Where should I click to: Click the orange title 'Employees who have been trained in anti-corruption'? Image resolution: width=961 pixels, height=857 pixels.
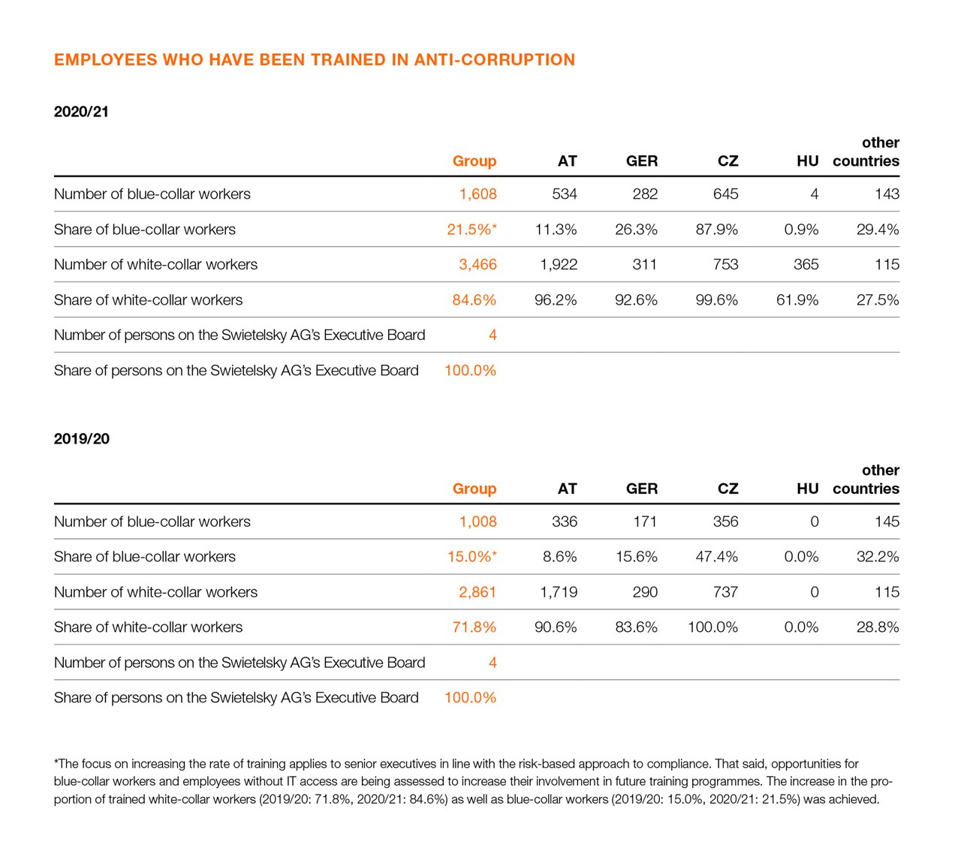(x=314, y=60)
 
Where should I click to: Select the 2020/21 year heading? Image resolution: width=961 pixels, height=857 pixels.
(x=81, y=112)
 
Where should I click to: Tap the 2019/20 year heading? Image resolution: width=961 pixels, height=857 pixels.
(x=81, y=439)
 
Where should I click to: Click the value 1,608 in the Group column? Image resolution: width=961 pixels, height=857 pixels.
(x=477, y=194)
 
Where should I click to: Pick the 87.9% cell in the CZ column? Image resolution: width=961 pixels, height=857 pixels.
(x=716, y=230)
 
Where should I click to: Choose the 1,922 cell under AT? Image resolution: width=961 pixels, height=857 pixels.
(x=559, y=265)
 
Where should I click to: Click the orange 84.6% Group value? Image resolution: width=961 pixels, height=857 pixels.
(x=474, y=300)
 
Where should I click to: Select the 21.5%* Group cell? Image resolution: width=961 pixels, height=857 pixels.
(x=471, y=230)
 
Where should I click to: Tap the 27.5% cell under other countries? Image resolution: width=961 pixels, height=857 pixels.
(x=877, y=300)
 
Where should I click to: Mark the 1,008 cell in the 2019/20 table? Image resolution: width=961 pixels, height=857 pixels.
(x=477, y=522)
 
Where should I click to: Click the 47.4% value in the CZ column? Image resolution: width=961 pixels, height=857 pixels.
(x=716, y=557)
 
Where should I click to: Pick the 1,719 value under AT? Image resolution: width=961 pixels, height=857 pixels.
(x=559, y=592)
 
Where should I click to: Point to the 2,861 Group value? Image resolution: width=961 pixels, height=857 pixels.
(x=477, y=592)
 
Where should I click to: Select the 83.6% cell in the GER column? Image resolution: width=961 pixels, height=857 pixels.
(x=636, y=627)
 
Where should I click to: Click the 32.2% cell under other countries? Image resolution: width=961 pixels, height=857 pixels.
(x=877, y=557)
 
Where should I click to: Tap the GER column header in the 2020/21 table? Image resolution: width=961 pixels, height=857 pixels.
(x=641, y=161)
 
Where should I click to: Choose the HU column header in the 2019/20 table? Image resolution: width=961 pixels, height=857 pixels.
(x=807, y=489)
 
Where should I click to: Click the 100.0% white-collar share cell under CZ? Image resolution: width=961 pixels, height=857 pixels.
(x=712, y=627)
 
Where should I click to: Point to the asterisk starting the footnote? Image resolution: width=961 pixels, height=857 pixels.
(x=56, y=763)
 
